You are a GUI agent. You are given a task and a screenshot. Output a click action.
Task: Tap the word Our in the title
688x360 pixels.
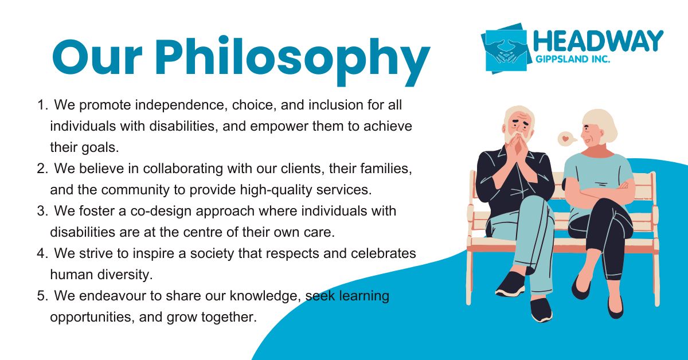tap(97, 57)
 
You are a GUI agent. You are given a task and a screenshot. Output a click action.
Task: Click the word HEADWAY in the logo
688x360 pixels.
tap(599, 41)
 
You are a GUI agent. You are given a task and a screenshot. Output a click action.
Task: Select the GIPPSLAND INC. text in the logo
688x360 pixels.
tap(573, 59)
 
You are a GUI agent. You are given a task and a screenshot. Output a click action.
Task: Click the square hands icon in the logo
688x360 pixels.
tap(506, 49)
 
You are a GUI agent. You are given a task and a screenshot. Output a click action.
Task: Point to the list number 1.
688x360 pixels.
tap(42, 105)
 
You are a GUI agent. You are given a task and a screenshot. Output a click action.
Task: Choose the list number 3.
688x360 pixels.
tap(42, 211)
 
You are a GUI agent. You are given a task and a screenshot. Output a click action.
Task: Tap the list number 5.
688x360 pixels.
tap(42, 296)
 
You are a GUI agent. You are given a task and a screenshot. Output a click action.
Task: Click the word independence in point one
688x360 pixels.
tap(181, 105)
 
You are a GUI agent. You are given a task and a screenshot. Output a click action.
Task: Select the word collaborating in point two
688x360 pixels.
tap(183, 169)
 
